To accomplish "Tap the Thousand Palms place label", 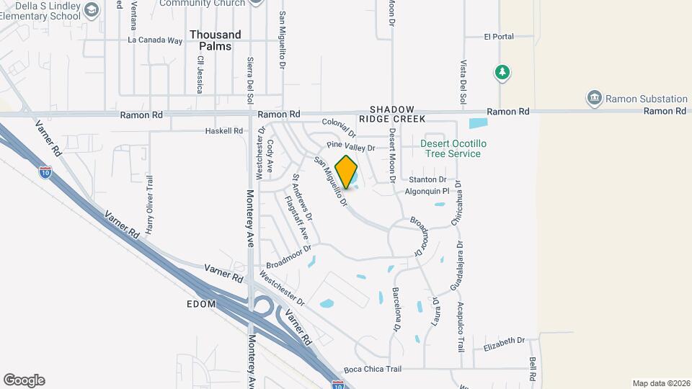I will click(x=216, y=40).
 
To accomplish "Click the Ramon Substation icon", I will click(x=595, y=99).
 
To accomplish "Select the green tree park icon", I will click(x=502, y=72).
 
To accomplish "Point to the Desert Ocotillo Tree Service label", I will click(x=453, y=148).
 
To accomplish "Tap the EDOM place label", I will click(x=201, y=304).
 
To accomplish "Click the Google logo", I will click(x=24, y=380).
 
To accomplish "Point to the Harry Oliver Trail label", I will click(x=150, y=205).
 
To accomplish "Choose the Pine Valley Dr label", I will click(x=351, y=147).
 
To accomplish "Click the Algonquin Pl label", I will click(x=427, y=192).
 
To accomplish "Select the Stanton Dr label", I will click(x=427, y=179).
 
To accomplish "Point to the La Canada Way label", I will click(x=155, y=40).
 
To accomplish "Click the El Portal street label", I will click(x=499, y=36).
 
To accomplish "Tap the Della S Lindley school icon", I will click(x=91, y=9).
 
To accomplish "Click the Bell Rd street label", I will click(x=532, y=369).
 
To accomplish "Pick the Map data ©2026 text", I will click(x=660, y=383).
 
